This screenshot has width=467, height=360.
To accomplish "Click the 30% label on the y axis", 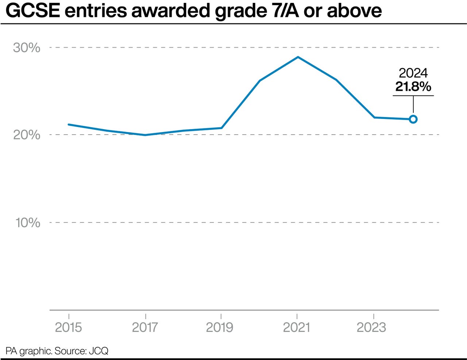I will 27,48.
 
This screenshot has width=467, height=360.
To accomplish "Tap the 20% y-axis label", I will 27,135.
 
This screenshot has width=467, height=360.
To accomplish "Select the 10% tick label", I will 28,222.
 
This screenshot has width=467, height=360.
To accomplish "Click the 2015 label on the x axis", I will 69,327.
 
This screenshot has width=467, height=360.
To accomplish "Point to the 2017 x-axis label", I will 145,327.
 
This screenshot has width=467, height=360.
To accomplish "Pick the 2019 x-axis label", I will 220,327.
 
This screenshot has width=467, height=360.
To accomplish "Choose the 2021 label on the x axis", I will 296,327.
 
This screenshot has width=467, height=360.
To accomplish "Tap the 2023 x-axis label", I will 371,327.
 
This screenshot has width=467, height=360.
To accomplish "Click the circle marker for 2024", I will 413,119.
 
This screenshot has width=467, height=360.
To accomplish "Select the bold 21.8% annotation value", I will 413,87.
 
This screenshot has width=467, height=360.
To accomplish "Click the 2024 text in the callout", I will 413,73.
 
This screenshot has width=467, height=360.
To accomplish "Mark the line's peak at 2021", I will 298,57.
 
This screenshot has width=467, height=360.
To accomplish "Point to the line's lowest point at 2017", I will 145,135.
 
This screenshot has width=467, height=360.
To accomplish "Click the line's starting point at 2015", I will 69,124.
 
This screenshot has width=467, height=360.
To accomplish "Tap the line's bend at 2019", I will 221,128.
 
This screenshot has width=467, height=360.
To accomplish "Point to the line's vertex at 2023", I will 374,117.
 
